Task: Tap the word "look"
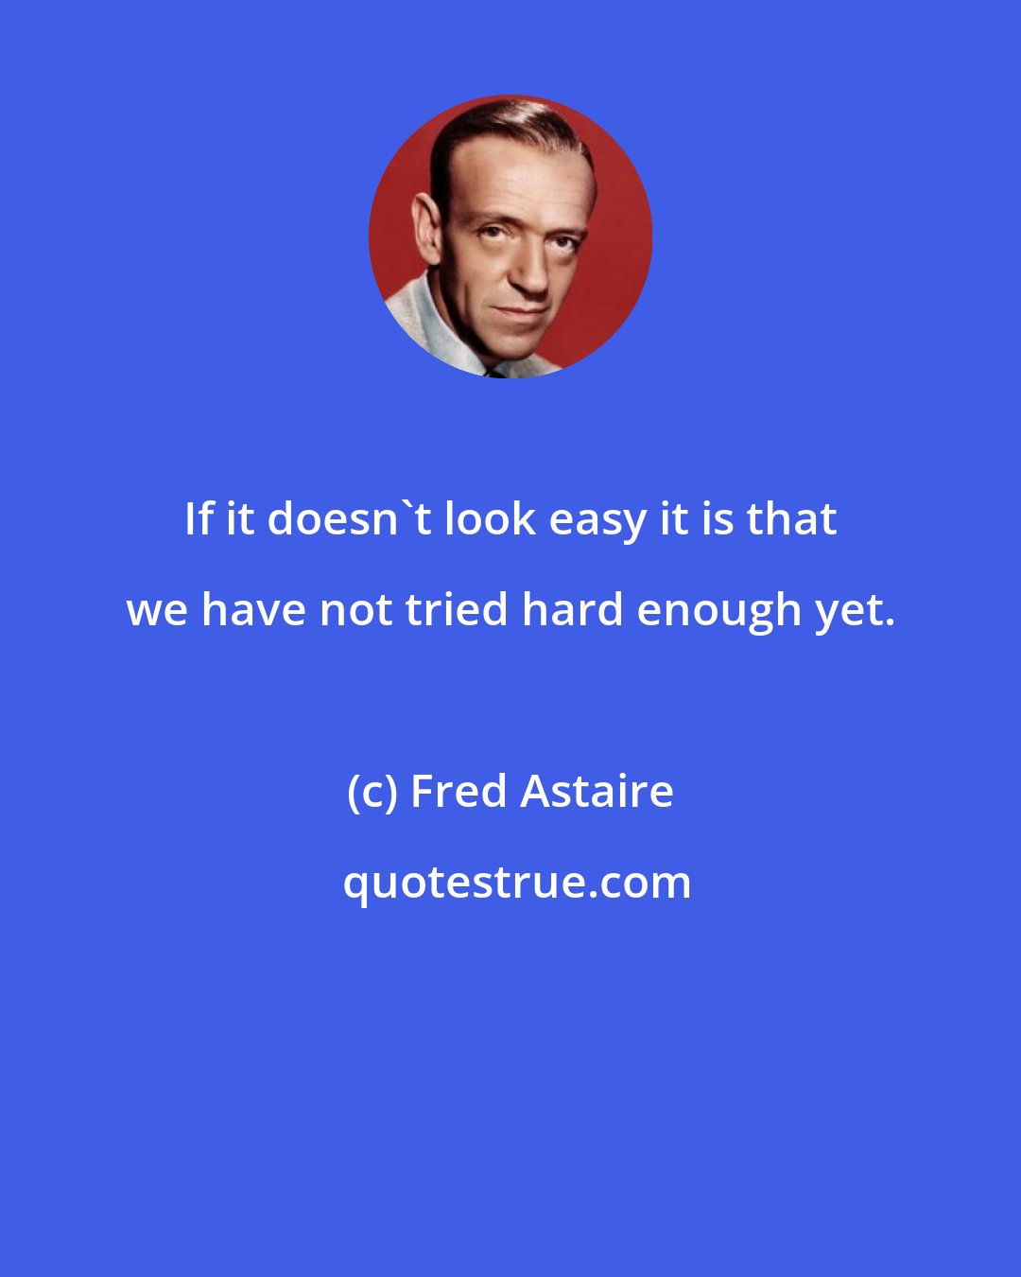coord(491,518)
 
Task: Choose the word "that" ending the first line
coord(791,518)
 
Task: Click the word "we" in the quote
coord(158,610)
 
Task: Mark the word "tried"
coord(458,609)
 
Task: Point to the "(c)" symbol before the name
coord(372,792)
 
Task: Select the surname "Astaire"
coord(597,791)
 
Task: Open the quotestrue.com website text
coord(517,883)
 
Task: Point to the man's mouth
coord(523,308)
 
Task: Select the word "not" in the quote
coord(355,609)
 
